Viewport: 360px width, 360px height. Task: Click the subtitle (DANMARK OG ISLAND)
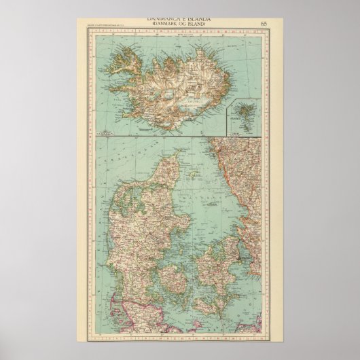click(179, 26)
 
